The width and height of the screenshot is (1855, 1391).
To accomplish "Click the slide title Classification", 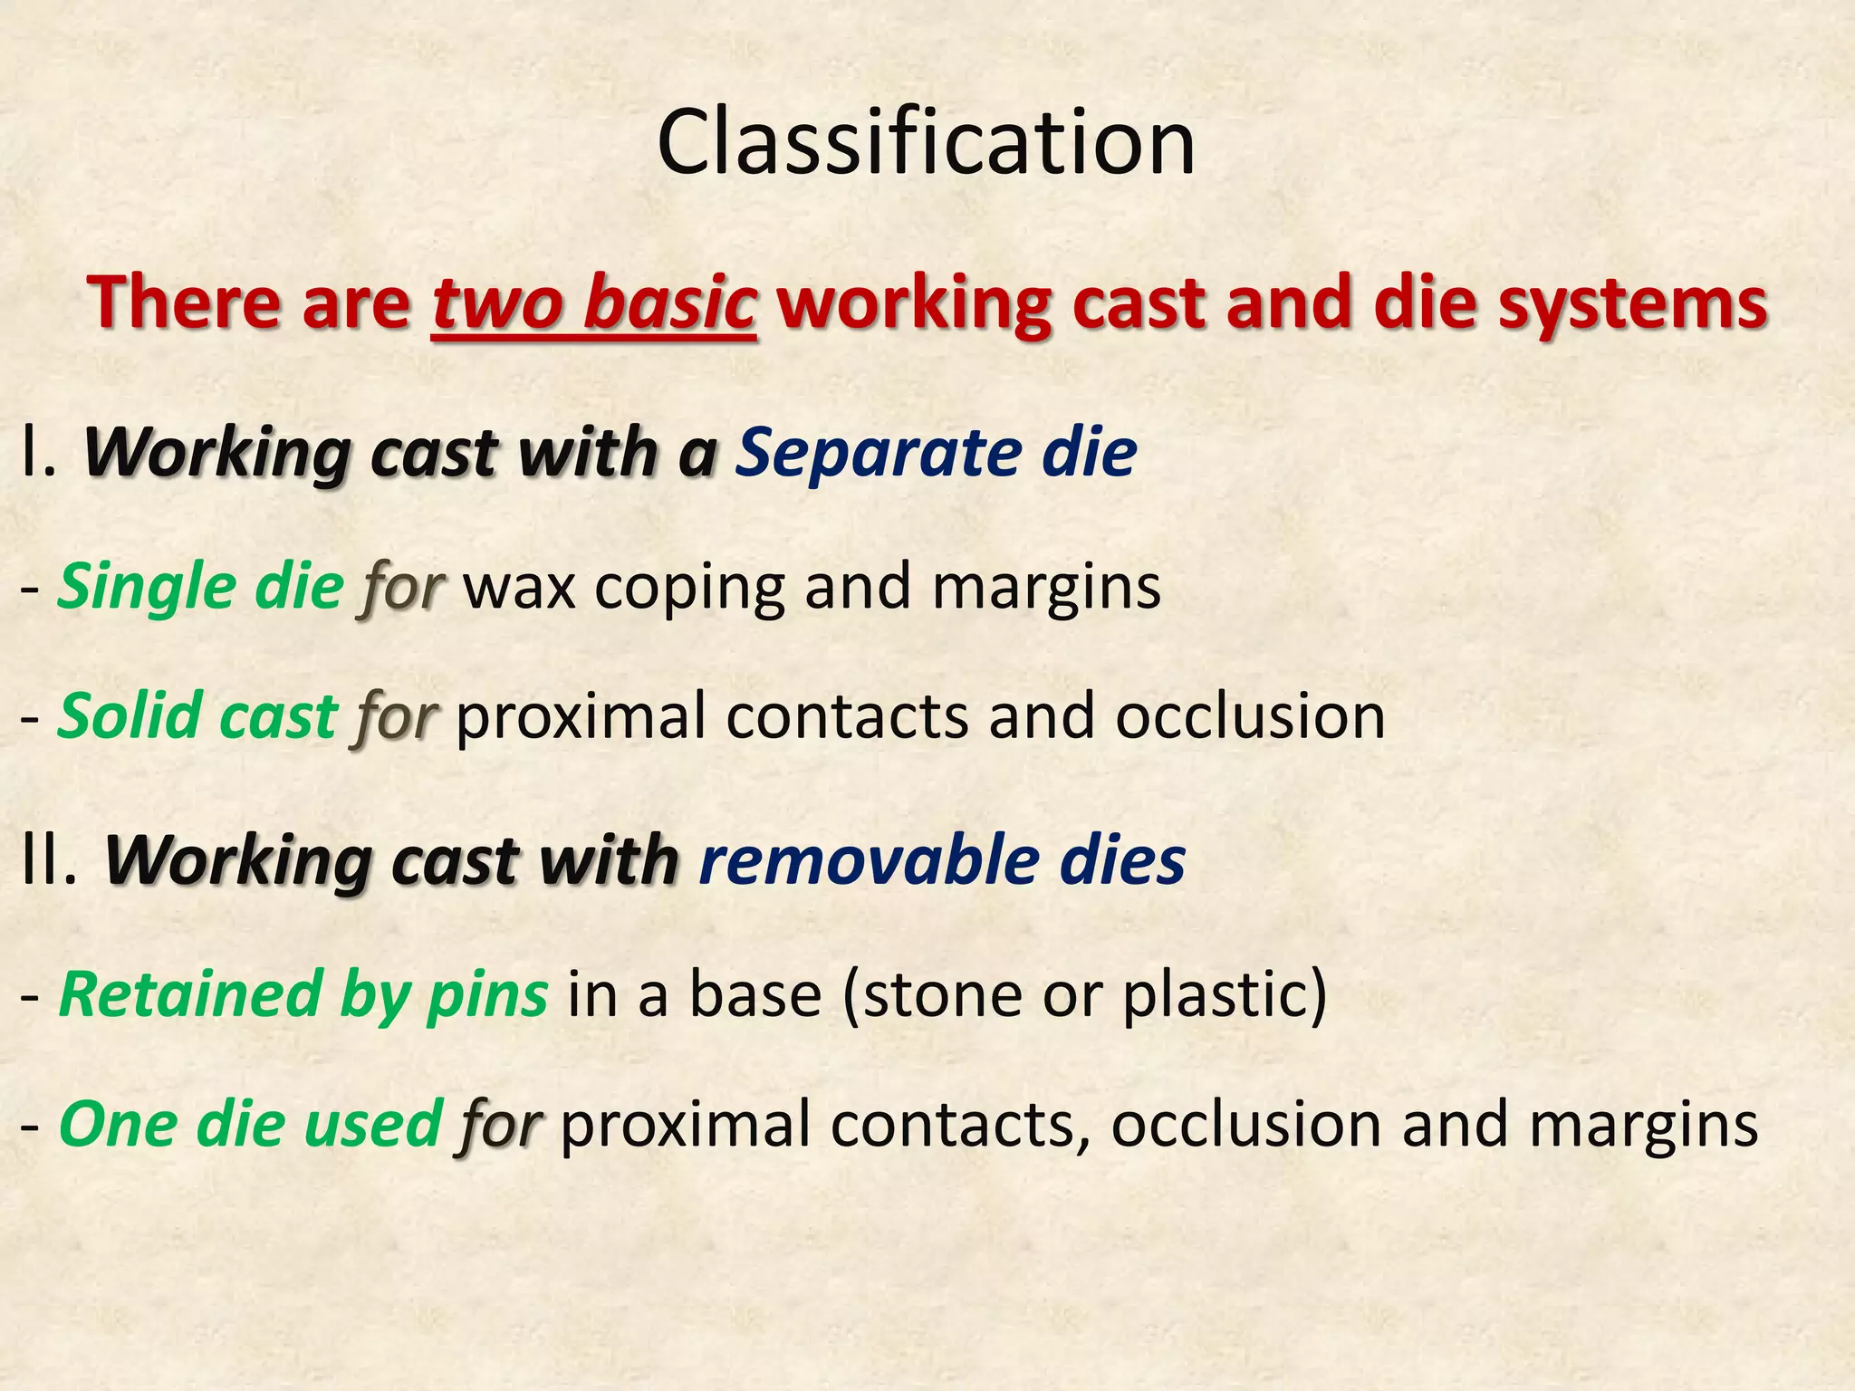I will (926, 143).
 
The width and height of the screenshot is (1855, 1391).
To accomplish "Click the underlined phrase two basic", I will (593, 303).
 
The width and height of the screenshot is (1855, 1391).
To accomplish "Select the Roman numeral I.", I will (38, 453).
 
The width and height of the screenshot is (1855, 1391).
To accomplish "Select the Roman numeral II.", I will (50, 860).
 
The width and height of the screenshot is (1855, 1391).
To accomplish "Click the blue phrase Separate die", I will (936, 453).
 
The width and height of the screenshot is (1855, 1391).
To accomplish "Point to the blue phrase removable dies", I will (942, 860).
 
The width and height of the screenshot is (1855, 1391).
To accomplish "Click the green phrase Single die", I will (200, 587).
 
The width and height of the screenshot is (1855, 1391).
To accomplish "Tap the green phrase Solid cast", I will (197, 716).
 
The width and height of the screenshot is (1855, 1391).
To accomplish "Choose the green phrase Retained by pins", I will (303, 994).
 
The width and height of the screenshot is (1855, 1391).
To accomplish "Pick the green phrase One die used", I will (250, 1124).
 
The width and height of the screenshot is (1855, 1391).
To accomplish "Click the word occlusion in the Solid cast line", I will (1250, 716).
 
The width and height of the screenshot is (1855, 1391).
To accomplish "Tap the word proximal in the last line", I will (686, 1124).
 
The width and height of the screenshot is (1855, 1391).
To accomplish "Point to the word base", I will (755, 994).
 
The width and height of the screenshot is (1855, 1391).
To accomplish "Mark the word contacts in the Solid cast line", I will (847, 716).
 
